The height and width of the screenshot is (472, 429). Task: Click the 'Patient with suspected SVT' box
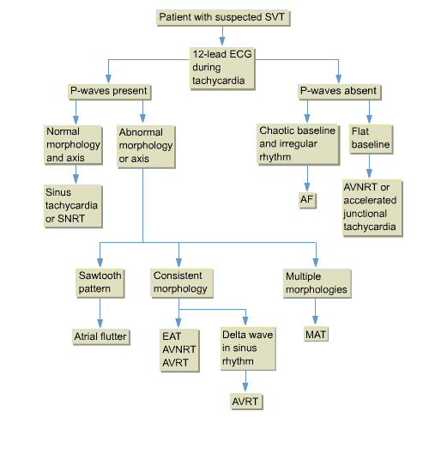222,18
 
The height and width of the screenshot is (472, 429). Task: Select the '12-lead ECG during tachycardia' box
222,67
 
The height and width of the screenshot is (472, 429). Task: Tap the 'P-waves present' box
109,91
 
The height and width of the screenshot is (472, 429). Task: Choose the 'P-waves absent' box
338,91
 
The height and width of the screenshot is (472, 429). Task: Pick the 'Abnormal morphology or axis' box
146,146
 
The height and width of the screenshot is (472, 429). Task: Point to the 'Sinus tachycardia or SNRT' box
72,207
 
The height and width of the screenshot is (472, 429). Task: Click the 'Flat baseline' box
371,138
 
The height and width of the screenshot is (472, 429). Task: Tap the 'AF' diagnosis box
307,200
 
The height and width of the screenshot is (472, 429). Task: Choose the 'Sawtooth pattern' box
100,281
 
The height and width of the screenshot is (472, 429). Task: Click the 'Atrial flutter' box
100,336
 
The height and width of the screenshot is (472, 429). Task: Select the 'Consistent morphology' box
180,281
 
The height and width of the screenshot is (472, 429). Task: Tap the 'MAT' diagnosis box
316,332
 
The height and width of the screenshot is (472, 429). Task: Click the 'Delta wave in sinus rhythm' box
247,349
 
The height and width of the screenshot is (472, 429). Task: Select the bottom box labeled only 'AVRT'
246,402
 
